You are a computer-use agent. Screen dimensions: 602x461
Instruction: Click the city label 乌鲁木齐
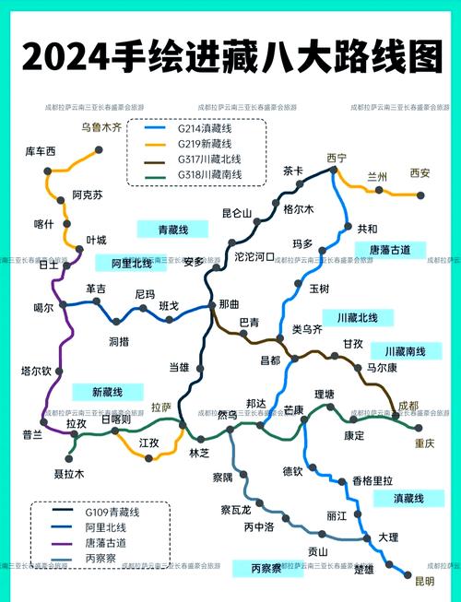click(x=101, y=127)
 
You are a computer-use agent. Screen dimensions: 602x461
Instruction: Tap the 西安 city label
click(x=420, y=173)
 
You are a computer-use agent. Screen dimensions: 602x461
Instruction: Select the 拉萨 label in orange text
click(x=161, y=407)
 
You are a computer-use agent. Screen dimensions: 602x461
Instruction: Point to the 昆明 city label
click(x=424, y=581)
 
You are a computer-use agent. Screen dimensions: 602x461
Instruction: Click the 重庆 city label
click(x=424, y=443)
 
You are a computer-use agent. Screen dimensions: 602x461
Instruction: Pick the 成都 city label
click(x=408, y=406)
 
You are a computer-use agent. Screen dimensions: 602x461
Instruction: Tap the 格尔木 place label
click(x=299, y=209)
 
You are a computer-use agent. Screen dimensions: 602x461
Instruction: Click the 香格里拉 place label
click(x=372, y=480)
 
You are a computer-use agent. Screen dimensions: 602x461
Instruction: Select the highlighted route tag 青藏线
click(x=172, y=229)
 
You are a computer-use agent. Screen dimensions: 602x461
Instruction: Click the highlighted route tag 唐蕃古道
click(x=389, y=250)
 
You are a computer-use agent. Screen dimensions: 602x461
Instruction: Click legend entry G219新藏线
click(x=205, y=145)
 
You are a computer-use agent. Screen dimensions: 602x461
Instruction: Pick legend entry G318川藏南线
click(x=210, y=174)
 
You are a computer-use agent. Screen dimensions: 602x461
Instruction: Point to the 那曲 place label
click(x=229, y=304)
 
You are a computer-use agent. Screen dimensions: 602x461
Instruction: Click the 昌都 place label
click(x=270, y=360)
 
